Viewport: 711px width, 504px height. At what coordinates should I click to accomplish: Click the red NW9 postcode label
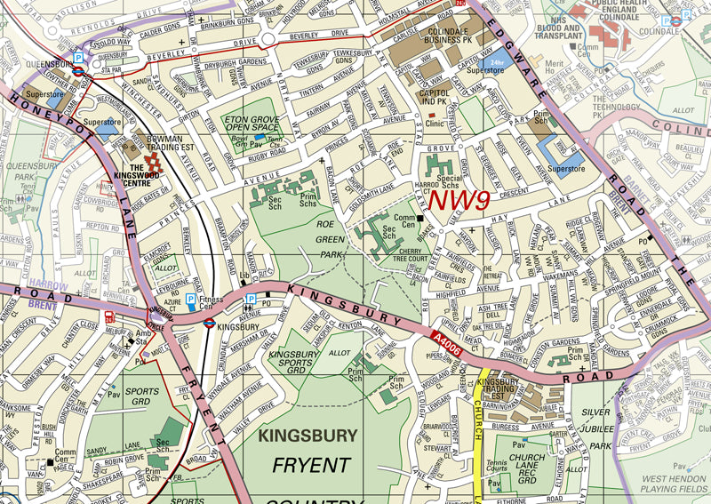coord(460,200)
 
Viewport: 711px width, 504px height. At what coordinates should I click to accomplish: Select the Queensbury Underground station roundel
coord(78,65)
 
